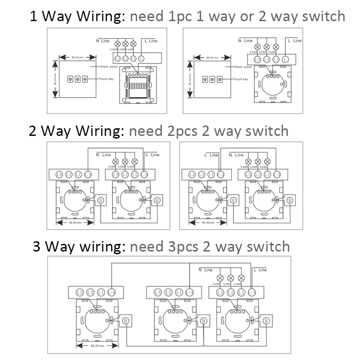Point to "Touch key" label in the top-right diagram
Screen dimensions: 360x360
click(241, 79)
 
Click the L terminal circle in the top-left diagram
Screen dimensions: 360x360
click(141, 58)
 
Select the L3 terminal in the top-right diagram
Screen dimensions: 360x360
click(257, 59)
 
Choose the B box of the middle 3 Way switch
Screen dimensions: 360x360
click(203, 321)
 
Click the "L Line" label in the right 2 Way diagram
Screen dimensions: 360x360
click(211, 155)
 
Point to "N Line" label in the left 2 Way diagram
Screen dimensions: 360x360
click(103, 155)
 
